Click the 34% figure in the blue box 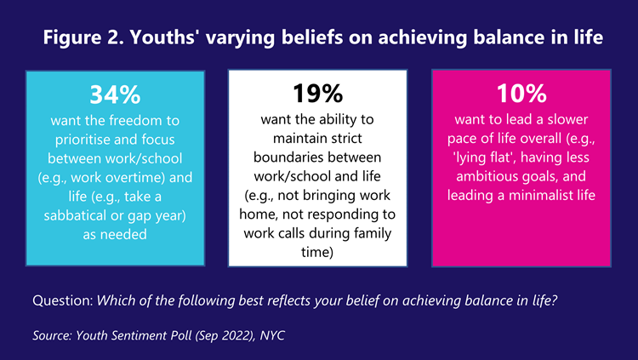[x=115, y=94]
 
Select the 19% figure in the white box [x=318, y=94]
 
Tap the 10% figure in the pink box [x=521, y=94]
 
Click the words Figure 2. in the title [x=83, y=37]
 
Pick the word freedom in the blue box [x=135, y=121]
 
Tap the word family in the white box [x=373, y=233]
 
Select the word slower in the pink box [x=567, y=119]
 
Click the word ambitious [x=483, y=176]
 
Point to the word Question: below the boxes [x=63, y=300]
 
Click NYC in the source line [x=272, y=335]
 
